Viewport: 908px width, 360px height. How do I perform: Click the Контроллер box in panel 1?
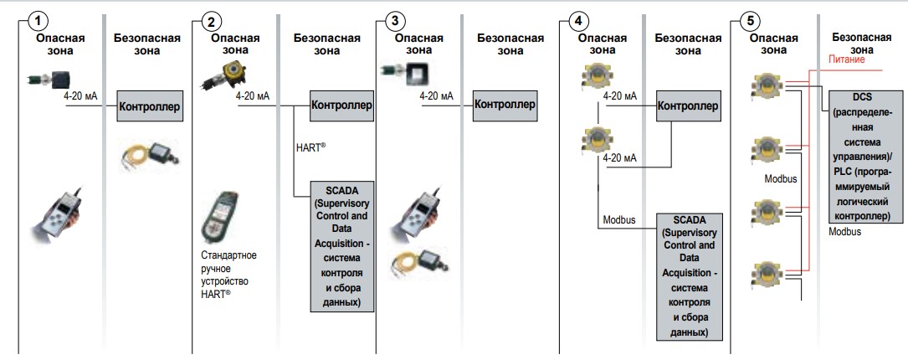pos(150,106)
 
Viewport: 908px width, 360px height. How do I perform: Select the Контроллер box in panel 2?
pos(341,106)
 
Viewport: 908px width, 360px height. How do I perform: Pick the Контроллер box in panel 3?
pos(505,105)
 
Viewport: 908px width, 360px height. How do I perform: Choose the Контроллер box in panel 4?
pos(688,106)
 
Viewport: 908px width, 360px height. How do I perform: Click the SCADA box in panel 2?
pos(341,245)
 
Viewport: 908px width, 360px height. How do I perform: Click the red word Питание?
pos(846,59)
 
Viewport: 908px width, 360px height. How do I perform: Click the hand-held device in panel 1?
pos(55,213)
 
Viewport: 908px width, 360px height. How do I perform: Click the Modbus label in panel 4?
pos(619,221)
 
